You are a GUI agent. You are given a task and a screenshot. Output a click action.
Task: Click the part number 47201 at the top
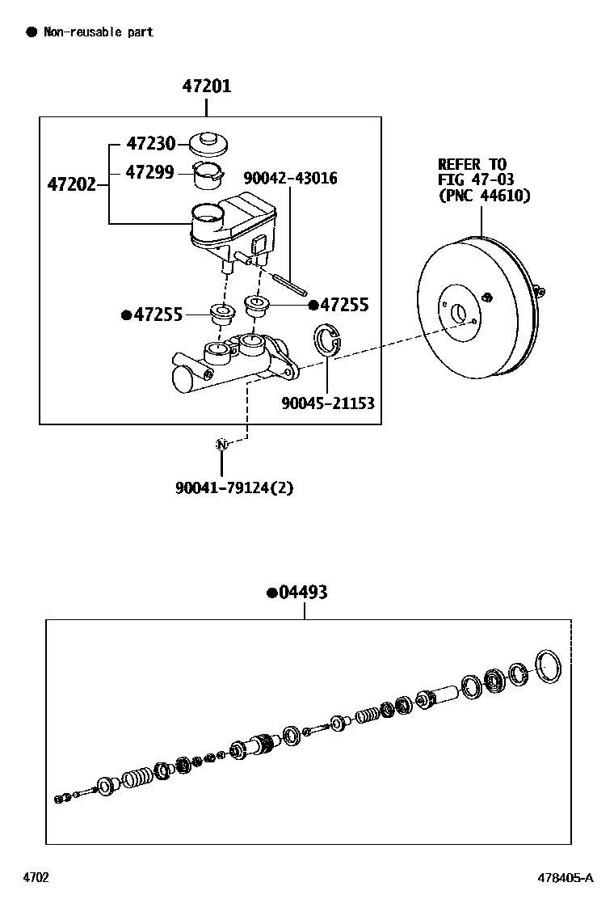point(207,86)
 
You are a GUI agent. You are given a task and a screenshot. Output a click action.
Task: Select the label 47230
point(150,144)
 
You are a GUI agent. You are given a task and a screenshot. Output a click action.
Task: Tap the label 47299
point(150,172)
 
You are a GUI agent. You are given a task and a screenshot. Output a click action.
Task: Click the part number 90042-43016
point(290,178)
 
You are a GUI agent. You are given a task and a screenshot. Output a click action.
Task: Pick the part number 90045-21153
point(328,403)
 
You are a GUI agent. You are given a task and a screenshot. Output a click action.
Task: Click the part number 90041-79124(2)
point(234,488)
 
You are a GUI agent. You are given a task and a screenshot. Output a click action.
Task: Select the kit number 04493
point(302,593)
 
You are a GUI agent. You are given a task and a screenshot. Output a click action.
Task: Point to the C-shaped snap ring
point(327,340)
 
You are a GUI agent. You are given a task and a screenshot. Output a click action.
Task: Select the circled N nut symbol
point(221,444)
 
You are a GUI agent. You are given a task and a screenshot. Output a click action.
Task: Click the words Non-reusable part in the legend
point(98,32)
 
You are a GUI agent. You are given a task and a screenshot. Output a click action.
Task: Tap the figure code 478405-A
point(566,877)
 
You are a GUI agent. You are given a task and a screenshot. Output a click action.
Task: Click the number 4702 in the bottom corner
point(36,877)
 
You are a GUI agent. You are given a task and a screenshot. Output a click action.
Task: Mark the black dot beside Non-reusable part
point(31,32)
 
